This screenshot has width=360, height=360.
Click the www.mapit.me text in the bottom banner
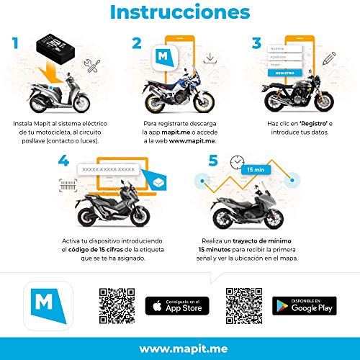coord(179,348)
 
